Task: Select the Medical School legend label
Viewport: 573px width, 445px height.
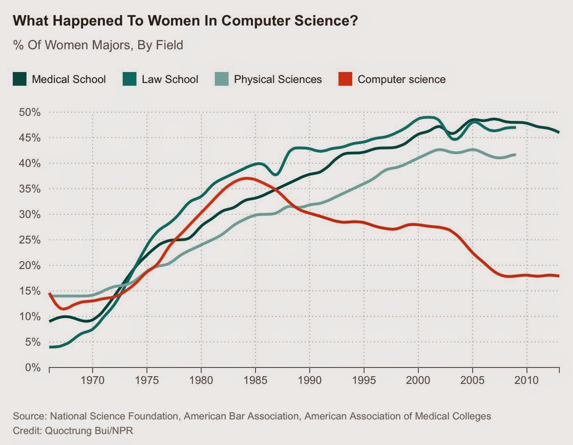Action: (68, 79)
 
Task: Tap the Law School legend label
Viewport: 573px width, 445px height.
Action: (170, 79)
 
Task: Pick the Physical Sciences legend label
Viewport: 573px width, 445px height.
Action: (278, 79)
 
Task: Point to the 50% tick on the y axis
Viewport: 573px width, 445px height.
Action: (29, 112)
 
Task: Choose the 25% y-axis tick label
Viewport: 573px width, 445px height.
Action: (29, 240)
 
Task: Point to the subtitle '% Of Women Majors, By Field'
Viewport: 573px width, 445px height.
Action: (98, 45)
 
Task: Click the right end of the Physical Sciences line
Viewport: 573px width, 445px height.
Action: (516, 155)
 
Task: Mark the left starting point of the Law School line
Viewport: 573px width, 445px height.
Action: (49, 347)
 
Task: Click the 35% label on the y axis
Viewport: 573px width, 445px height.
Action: (29, 189)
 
